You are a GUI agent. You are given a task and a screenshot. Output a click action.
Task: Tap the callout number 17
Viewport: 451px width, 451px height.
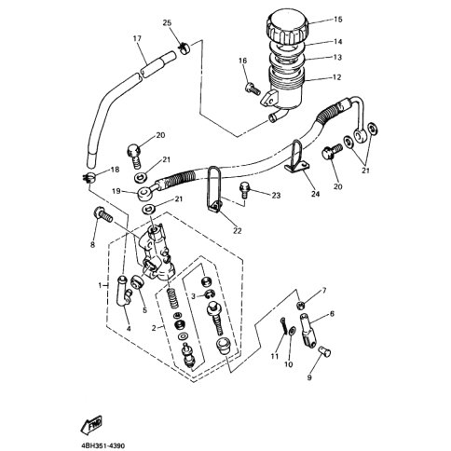137,38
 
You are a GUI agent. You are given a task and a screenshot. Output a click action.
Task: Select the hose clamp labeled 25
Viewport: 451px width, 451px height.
184,49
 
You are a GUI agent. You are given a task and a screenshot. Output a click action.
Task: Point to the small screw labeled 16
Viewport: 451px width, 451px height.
253,89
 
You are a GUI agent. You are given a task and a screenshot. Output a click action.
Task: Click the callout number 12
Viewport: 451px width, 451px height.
336,77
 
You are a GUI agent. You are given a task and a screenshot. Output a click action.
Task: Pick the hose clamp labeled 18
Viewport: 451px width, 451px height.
89,178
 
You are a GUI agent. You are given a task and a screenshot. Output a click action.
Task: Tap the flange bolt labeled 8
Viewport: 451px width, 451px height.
102,214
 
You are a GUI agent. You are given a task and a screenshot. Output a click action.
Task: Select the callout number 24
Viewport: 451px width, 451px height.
315,194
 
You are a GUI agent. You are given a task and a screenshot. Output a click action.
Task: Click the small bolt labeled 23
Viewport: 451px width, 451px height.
244,189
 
